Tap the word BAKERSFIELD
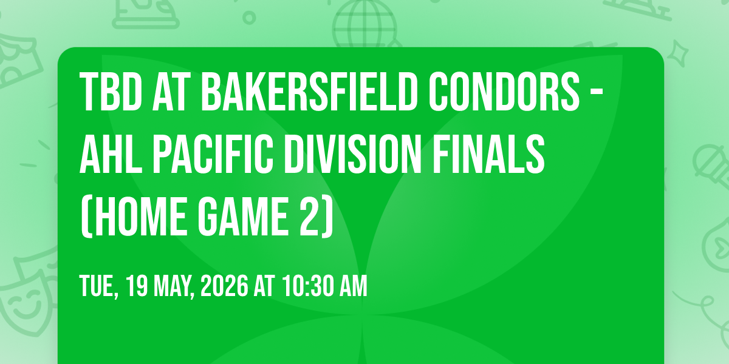tap(309, 92)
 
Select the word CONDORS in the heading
tap(504, 92)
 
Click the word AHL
tap(111, 154)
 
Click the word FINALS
tap(488, 154)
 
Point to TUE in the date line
tap(98, 286)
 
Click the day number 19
tap(137, 286)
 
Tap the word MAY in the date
tap(174, 286)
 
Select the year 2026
tap(224, 286)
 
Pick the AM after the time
tap(354, 286)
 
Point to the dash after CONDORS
tap(597, 93)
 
